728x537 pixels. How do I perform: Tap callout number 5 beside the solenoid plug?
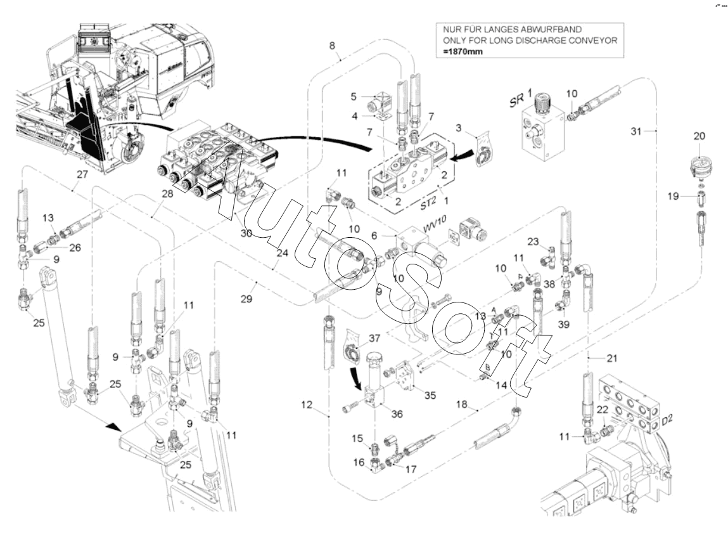coord(354,97)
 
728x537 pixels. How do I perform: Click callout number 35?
coord(430,394)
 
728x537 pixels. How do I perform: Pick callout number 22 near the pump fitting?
coord(603,410)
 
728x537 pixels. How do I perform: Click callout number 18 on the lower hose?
coord(461,404)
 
